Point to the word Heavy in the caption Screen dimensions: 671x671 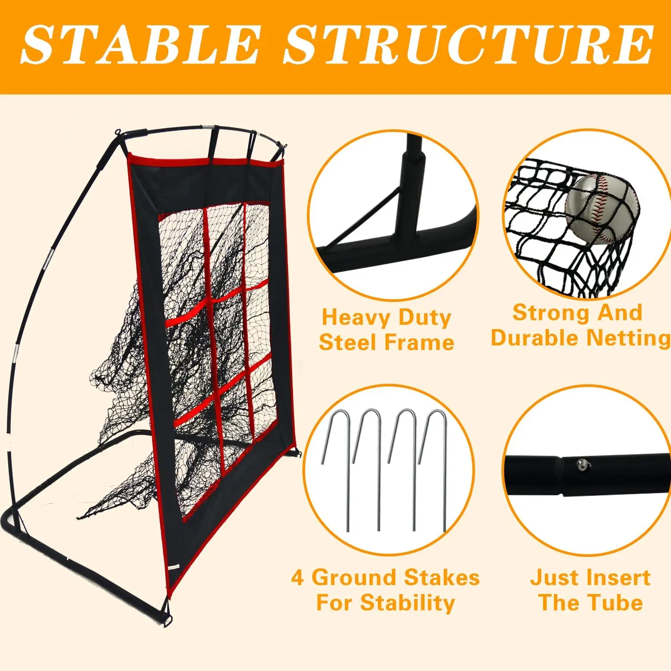point(356,319)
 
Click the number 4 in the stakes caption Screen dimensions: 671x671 point(297,578)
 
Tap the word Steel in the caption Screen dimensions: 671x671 point(348,343)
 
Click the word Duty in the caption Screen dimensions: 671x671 point(425,319)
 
